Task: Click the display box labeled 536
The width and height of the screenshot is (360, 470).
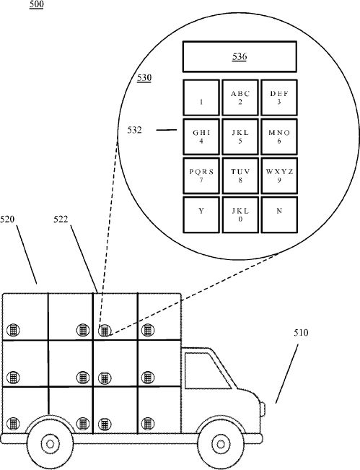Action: (240, 56)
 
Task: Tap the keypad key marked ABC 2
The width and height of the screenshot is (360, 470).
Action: (240, 97)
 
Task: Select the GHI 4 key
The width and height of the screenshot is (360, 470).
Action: (201, 136)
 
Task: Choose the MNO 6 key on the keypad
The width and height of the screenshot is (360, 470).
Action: (279, 136)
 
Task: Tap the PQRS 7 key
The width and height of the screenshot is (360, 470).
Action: (201, 175)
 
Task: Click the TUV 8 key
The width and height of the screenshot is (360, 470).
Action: (240, 175)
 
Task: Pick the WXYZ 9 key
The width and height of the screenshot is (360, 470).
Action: (279, 175)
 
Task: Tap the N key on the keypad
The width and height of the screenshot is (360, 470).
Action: (279, 214)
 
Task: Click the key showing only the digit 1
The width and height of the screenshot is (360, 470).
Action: (201, 97)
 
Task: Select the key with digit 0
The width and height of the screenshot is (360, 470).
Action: (240, 214)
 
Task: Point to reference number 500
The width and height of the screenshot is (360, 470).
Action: (36, 4)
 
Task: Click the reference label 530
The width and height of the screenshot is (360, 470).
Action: (144, 78)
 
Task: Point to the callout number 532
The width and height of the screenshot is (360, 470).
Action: (134, 130)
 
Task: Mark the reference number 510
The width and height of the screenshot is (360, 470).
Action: (301, 332)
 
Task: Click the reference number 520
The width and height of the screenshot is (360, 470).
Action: (7, 219)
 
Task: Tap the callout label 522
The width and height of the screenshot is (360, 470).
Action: (61, 219)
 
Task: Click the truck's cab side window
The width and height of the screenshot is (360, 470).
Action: (207, 371)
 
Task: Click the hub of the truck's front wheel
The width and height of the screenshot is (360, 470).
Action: (221, 444)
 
